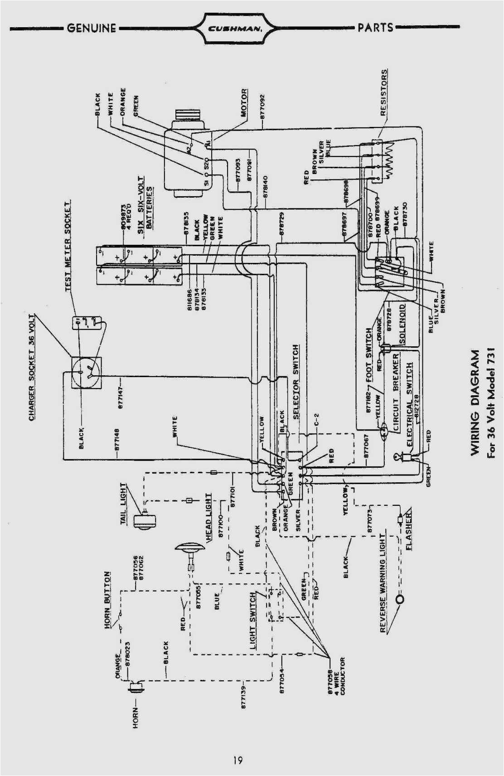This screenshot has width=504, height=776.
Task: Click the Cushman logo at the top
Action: (x=235, y=28)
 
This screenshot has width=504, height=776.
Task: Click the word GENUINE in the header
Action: (x=92, y=28)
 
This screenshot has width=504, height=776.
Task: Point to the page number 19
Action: (x=238, y=761)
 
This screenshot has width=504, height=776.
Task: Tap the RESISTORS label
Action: (x=384, y=92)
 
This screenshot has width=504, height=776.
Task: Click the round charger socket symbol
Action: (x=86, y=373)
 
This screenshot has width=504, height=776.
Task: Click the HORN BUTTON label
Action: (x=107, y=600)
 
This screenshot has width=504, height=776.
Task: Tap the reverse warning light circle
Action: (x=400, y=599)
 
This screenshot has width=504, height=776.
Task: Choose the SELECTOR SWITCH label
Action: (x=296, y=382)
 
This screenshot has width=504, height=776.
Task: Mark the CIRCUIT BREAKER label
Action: (x=396, y=392)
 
